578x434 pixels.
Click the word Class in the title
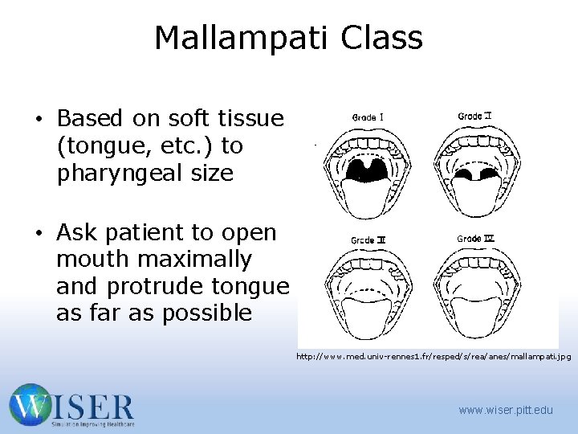point(381,38)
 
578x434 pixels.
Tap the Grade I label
point(368,117)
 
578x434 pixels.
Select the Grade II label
point(474,117)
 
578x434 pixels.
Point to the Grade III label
point(368,240)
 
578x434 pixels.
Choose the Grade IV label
point(474,239)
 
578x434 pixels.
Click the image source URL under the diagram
point(433,355)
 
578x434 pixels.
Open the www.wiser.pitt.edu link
point(506,411)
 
